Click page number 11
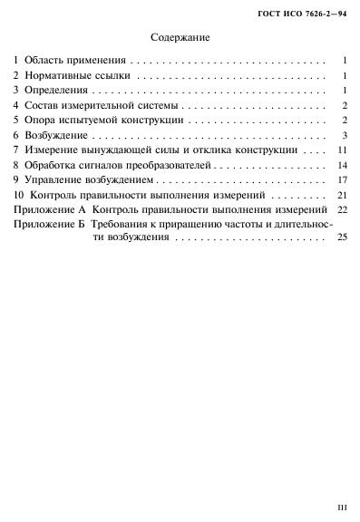pos(341,150)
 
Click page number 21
pos(341,195)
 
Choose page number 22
pos(341,209)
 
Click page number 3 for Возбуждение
pos(345,135)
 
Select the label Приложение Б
pos(48,225)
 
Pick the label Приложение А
pos(48,209)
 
